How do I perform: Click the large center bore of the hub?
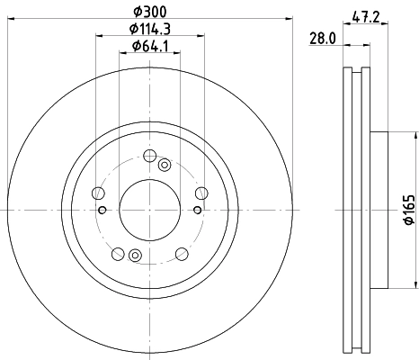149,209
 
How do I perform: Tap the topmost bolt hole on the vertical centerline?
149,156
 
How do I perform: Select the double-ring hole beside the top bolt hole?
164,165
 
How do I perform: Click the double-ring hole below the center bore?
135,254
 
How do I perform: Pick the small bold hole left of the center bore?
103,211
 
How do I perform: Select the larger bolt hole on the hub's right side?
200,192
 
